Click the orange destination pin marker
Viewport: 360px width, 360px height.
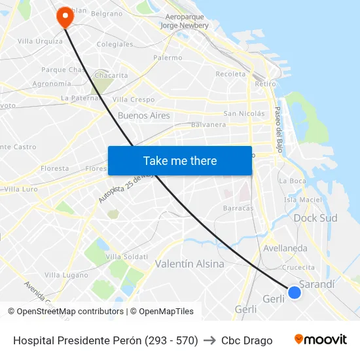click(x=65, y=16)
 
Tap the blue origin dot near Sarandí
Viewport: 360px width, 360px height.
click(x=295, y=293)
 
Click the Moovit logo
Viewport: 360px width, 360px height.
click(x=321, y=340)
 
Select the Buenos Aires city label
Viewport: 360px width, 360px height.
click(x=143, y=116)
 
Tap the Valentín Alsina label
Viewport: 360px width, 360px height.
click(x=189, y=264)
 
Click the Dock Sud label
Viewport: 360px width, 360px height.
click(x=315, y=218)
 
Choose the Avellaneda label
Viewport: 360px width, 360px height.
click(x=285, y=249)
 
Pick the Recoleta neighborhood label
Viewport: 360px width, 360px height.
click(x=230, y=74)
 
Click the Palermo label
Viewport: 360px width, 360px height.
click(x=168, y=58)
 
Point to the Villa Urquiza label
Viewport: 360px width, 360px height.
click(x=40, y=41)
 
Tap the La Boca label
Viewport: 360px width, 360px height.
click(x=292, y=181)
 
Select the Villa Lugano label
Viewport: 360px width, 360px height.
click(x=66, y=275)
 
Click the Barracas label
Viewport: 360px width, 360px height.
click(x=238, y=208)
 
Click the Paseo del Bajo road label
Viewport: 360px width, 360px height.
click(x=278, y=126)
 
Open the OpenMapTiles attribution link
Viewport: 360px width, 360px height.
click(x=162, y=312)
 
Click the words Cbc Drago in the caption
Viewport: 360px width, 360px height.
click(x=247, y=340)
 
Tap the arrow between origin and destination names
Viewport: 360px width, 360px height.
click(x=209, y=340)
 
